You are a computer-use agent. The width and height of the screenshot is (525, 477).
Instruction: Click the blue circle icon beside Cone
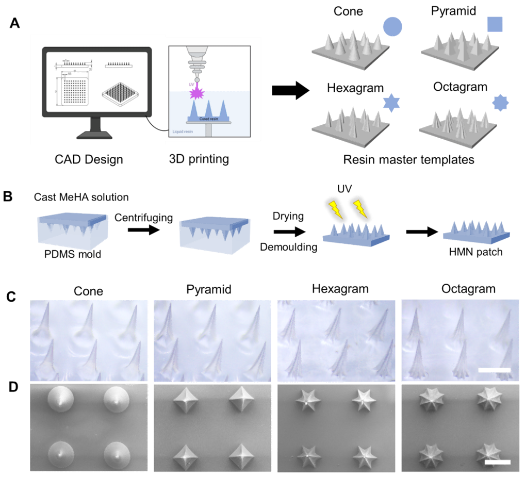tap(392, 26)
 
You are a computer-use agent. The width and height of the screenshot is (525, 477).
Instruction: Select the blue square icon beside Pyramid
tap(495, 25)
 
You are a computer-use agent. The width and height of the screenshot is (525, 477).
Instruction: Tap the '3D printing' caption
tap(199, 159)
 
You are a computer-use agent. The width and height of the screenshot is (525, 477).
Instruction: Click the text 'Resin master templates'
tap(409, 159)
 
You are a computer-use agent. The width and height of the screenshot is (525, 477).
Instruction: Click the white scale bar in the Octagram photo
tap(494, 370)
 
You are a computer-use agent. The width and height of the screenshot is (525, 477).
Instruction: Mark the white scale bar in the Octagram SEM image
tap(497, 462)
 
